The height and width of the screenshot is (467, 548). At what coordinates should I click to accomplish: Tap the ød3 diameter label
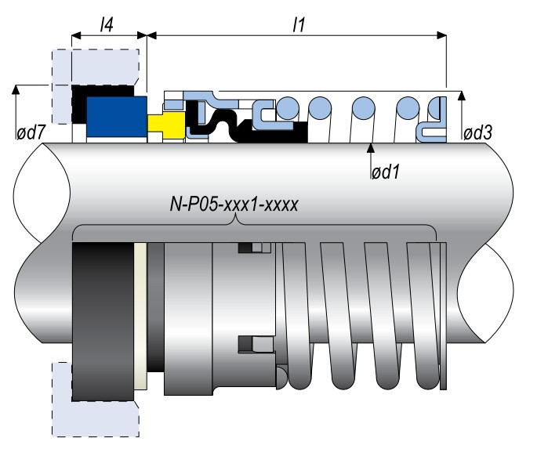477,133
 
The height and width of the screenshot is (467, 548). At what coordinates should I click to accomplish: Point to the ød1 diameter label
385,169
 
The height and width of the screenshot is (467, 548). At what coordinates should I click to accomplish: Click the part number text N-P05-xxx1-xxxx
234,206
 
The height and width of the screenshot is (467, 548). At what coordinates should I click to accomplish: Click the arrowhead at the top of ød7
16,89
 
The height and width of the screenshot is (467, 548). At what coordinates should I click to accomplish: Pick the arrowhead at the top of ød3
462,95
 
